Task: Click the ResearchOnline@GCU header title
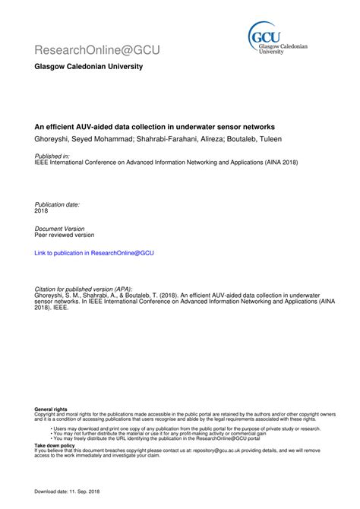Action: point(97,50)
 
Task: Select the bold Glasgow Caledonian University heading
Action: point(88,67)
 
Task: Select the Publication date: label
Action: point(58,205)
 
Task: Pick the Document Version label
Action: point(60,228)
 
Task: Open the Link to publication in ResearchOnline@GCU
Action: point(94,253)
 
